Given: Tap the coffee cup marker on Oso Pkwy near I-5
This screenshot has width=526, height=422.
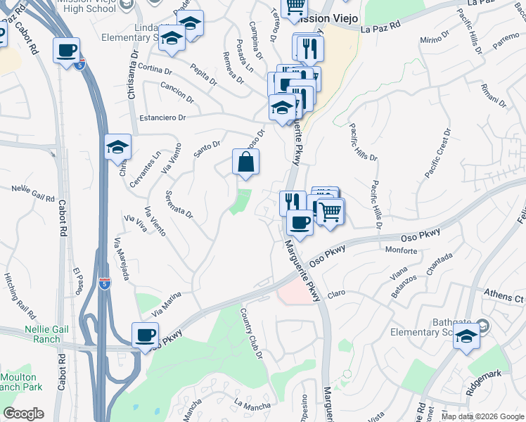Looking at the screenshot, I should (x=146, y=335).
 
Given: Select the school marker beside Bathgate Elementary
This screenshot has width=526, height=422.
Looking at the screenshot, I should (x=466, y=337).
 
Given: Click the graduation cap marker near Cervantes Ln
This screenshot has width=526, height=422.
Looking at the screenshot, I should (x=118, y=147).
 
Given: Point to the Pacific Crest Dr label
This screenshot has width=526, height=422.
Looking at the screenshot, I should (x=437, y=153).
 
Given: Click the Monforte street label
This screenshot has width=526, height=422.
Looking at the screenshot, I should (x=402, y=249).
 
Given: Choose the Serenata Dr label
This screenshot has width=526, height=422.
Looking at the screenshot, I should (x=179, y=204).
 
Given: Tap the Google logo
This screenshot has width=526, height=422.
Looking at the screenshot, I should (x=23, y=414).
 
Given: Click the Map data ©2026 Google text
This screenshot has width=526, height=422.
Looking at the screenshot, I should (x=482, y=416).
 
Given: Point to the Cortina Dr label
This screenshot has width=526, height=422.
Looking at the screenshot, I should (x=155, y=70).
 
